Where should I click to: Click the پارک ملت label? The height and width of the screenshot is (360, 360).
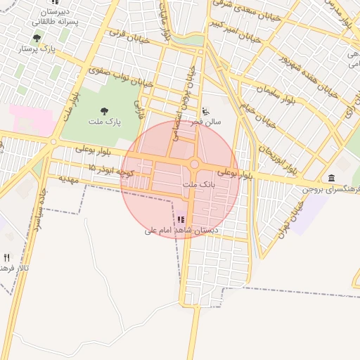tap(105, 122)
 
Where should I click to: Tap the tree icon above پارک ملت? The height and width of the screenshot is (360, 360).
tap(105, 110)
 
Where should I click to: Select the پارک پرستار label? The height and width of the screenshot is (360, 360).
tap(37, 50)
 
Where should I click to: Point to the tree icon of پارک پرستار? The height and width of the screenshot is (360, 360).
tap(37, 38)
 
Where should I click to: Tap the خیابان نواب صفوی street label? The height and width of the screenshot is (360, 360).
tap(110, 77)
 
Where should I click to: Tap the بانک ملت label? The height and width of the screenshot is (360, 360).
tap(198, 184)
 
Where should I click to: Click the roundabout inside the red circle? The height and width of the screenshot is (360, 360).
tap(194, 164)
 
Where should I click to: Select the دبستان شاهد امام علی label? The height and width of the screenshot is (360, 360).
tap(181, 230)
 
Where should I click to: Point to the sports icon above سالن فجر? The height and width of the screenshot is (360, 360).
tap(205, 110)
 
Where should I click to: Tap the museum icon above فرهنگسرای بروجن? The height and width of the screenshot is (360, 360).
tap(331, 177)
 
